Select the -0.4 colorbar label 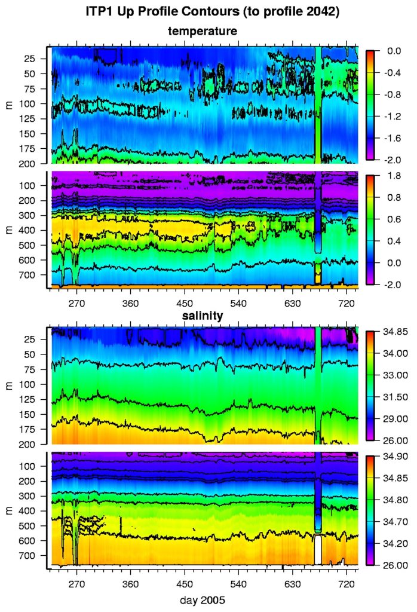pos(388,74)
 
